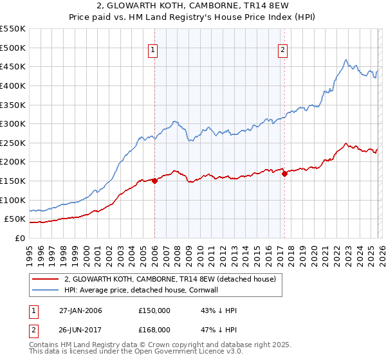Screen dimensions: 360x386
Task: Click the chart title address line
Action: (x=193, y=6)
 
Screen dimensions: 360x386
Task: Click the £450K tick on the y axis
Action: (x=13, y=66)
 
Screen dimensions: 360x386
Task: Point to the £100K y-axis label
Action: (x=13, y=200)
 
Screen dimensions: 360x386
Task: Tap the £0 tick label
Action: (x=19, y=238)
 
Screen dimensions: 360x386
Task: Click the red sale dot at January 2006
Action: (x=154, y=181)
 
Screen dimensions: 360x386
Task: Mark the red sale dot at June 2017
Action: (x=284, y=174)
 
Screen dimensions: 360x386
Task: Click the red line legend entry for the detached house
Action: (x=170, y=279)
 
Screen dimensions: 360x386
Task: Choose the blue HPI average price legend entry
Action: (x=151, y=290)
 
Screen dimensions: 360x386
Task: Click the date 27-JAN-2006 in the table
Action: (x=80, y=310)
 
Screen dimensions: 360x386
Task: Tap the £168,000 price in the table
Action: (x=154, y=329)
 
